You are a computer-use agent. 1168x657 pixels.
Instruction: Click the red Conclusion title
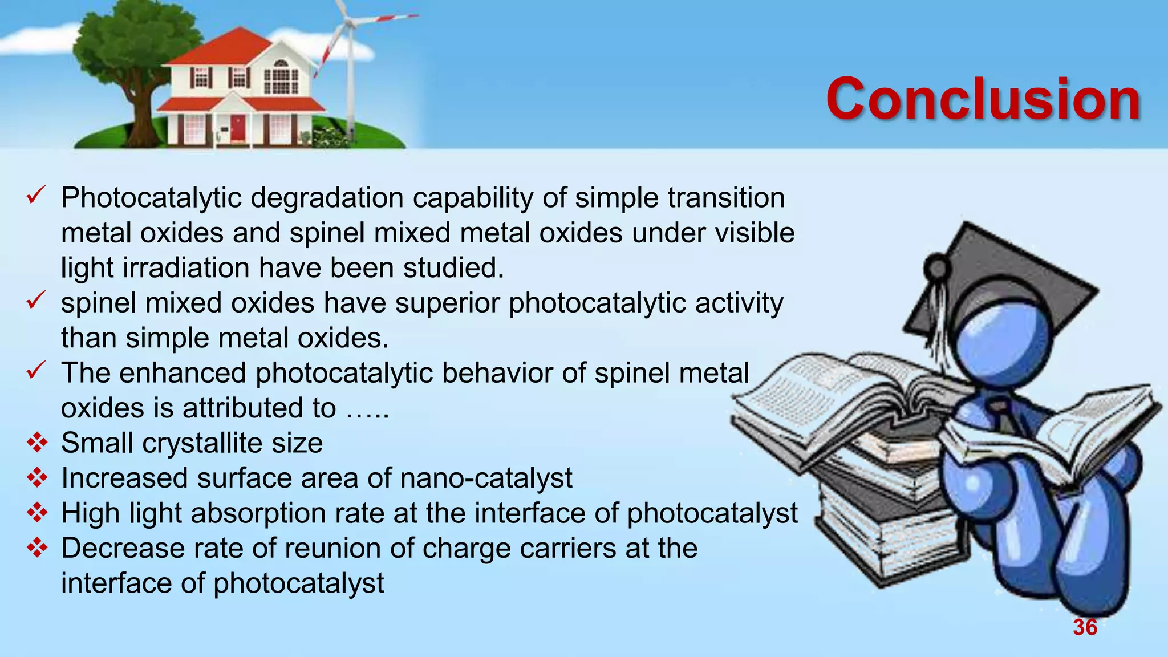(983, 100)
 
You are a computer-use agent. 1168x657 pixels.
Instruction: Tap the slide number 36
(1085, 627)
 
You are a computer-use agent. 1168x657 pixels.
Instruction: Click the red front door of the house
(237, 129)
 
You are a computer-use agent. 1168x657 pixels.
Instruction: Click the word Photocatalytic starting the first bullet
(151, 198)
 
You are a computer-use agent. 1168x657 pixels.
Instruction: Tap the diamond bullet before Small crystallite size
(37, 443)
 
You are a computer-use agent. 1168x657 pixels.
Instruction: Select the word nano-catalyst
(486, 478)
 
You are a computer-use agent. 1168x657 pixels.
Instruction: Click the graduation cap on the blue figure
(1004, 279)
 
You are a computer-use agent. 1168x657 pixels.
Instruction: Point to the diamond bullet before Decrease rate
(37, 548)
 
